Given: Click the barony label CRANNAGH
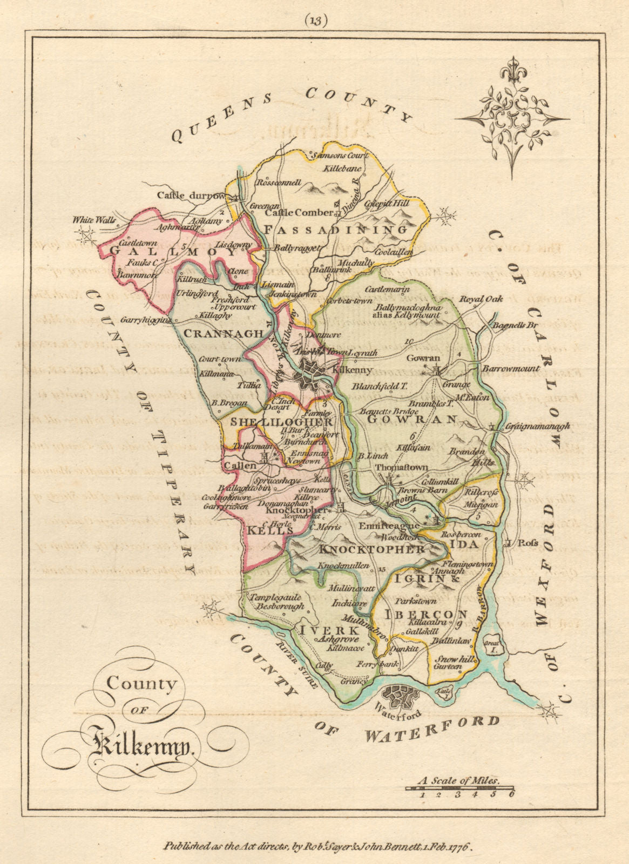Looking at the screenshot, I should [x=223, y=334].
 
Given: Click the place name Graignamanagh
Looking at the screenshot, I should [x=538, y=426].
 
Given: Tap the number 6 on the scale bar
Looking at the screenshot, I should [x=510, y=794].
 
